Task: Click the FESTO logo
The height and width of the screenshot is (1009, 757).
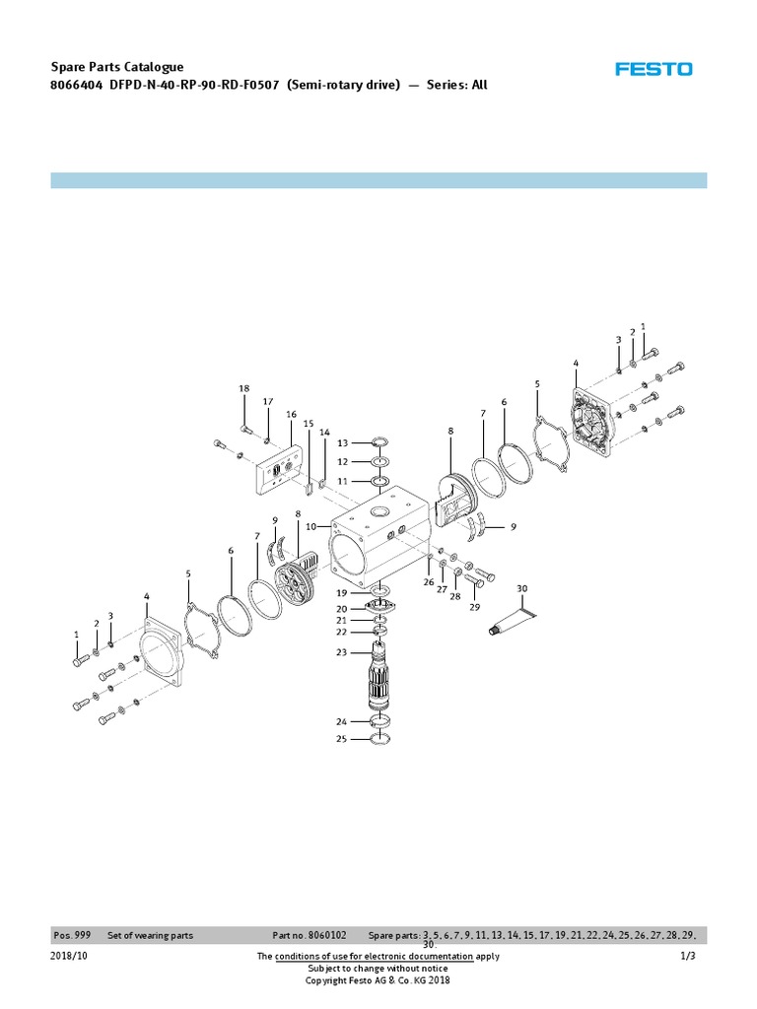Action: pos(654,69)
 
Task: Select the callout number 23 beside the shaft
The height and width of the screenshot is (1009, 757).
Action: pos(341,652)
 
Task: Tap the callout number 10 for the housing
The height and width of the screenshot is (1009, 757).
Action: pos(310,527)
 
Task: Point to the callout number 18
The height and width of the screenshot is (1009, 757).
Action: pos(243,389)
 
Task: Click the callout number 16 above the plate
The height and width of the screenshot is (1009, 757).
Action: pos(291,415)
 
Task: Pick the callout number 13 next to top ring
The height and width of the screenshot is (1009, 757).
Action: pos(342,443)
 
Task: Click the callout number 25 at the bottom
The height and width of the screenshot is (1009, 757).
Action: pos(341,738)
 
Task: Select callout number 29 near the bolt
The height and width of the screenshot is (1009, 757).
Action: pos(474,607)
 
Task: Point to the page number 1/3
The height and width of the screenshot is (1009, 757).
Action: pos(688,957)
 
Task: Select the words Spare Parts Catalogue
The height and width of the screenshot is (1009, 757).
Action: pos(117,67)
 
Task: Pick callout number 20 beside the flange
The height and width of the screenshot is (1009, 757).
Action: pos(341,609)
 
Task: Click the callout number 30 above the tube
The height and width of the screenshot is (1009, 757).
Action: pos(522,588)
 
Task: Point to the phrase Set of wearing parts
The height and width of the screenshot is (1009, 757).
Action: pos(150,934)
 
